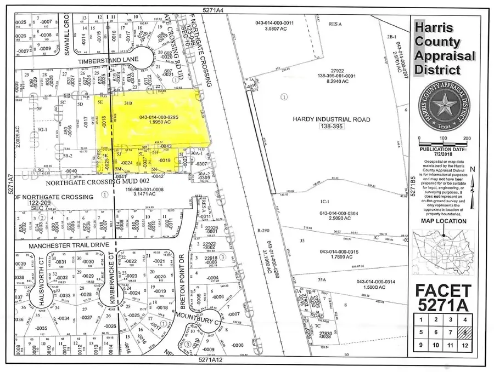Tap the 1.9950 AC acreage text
tap(155, 123)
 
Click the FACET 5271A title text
tap(443, 297)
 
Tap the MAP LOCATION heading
tap(444, 221)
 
